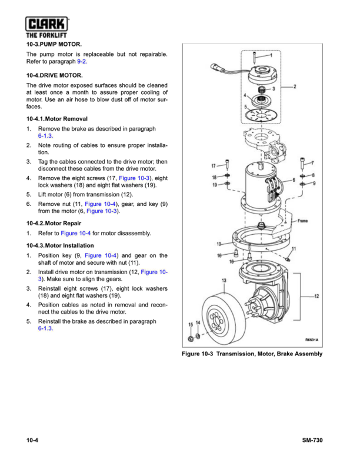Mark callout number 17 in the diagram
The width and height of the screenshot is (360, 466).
pyautogui.click(x=214, y=166)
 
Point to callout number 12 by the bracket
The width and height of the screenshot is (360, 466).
pyautogui.click(x=317, y=296)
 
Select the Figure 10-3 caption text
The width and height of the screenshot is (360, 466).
pyautogui.click(x=252, y=354)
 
